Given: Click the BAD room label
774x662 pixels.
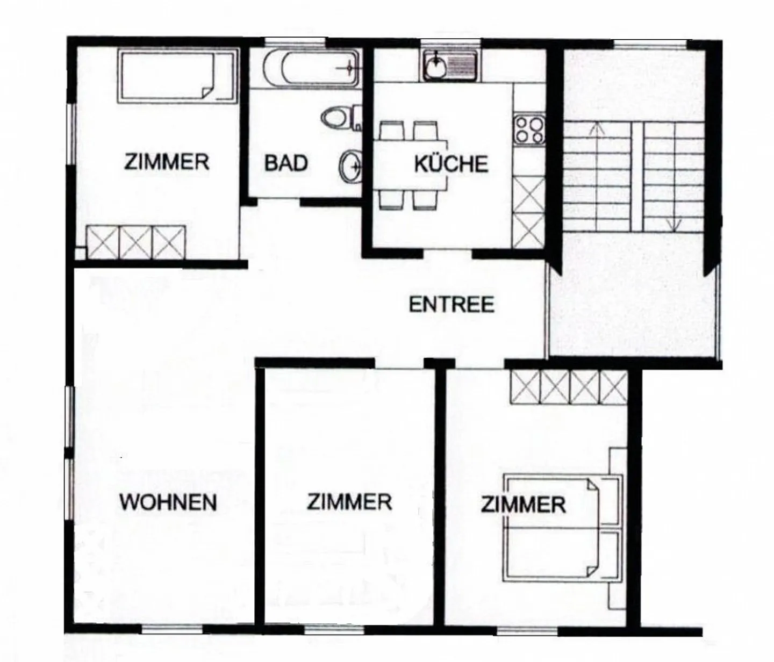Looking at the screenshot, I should point(286,163).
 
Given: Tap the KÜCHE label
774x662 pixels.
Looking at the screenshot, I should point(450,163).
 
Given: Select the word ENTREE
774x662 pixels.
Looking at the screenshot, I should point(451,305).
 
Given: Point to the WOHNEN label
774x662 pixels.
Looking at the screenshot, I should point(168,502).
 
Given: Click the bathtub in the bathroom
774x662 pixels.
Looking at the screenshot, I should point(311,68).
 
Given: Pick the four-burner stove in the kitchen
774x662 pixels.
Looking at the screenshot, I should point(529,129).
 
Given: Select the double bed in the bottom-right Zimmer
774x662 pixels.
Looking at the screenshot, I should point(559,529).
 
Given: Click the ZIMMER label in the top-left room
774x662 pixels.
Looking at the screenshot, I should point(167,161).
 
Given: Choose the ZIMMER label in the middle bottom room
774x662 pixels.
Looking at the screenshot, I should point(349,502).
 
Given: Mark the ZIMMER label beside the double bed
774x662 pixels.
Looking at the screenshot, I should point(522,505).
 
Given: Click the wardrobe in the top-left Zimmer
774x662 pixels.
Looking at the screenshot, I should point(135,242).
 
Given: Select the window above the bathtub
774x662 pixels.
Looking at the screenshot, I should point(295,41).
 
